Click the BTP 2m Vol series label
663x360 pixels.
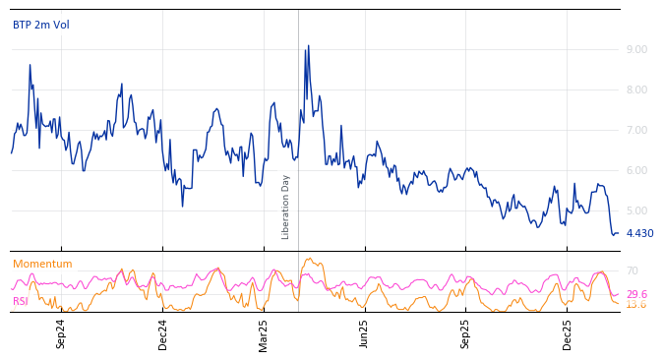pos(41,26)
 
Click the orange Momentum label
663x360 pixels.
pos(42,265)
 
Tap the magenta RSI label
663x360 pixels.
pos(21,302)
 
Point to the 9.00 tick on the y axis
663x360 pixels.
pos(636,49)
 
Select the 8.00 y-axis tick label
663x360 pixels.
pos(636,90)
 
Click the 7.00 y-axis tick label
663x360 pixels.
pos(636,130)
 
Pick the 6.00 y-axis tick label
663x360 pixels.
pos(636,170)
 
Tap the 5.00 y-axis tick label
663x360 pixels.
pos(636,210)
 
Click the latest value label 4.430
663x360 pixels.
pos(639,234)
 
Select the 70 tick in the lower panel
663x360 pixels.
pos(632,271)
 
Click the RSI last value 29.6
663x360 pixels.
pos(636,294)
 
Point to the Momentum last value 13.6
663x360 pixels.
pos(636,305)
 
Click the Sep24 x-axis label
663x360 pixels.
pos(61,333)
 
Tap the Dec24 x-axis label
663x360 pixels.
pos(163,333)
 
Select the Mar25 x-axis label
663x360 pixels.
pos(264,333)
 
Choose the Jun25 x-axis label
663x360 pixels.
pos(365,333)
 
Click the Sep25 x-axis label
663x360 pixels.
pos(466,333)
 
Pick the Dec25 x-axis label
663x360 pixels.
pos(568,333)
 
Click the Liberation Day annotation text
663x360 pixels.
pos(286,207)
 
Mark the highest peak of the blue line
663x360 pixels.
pos(308,45)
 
